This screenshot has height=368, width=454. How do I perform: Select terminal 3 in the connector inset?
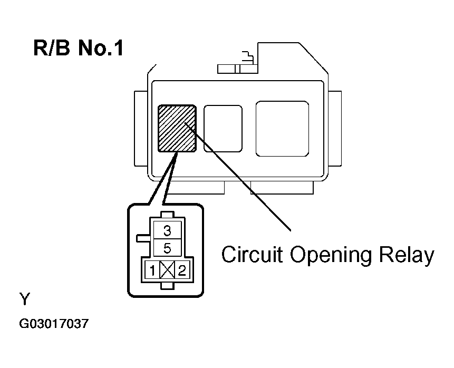pyautogui.click(x=167, y=230)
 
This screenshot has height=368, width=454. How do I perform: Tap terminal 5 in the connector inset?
pyautogui.click(x=167, y=247)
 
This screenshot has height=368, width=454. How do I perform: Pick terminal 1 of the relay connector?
pyautogui.click(x=152, y=271)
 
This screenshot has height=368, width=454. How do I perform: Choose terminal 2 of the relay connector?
pyautogui.click(x=182, y=271)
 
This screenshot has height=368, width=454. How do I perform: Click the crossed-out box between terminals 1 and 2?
pyautogui.click(x=167, y=271)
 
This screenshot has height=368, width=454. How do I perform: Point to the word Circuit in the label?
pyautogui.click(x=252, y=255)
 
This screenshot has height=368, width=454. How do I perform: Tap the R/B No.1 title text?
pyautogui.click(x=79, y=49)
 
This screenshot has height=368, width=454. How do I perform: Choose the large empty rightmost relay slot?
pyautogui.click(x=282, y=128)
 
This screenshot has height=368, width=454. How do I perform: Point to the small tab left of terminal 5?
pyautogui.click(x=143, y=238)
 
